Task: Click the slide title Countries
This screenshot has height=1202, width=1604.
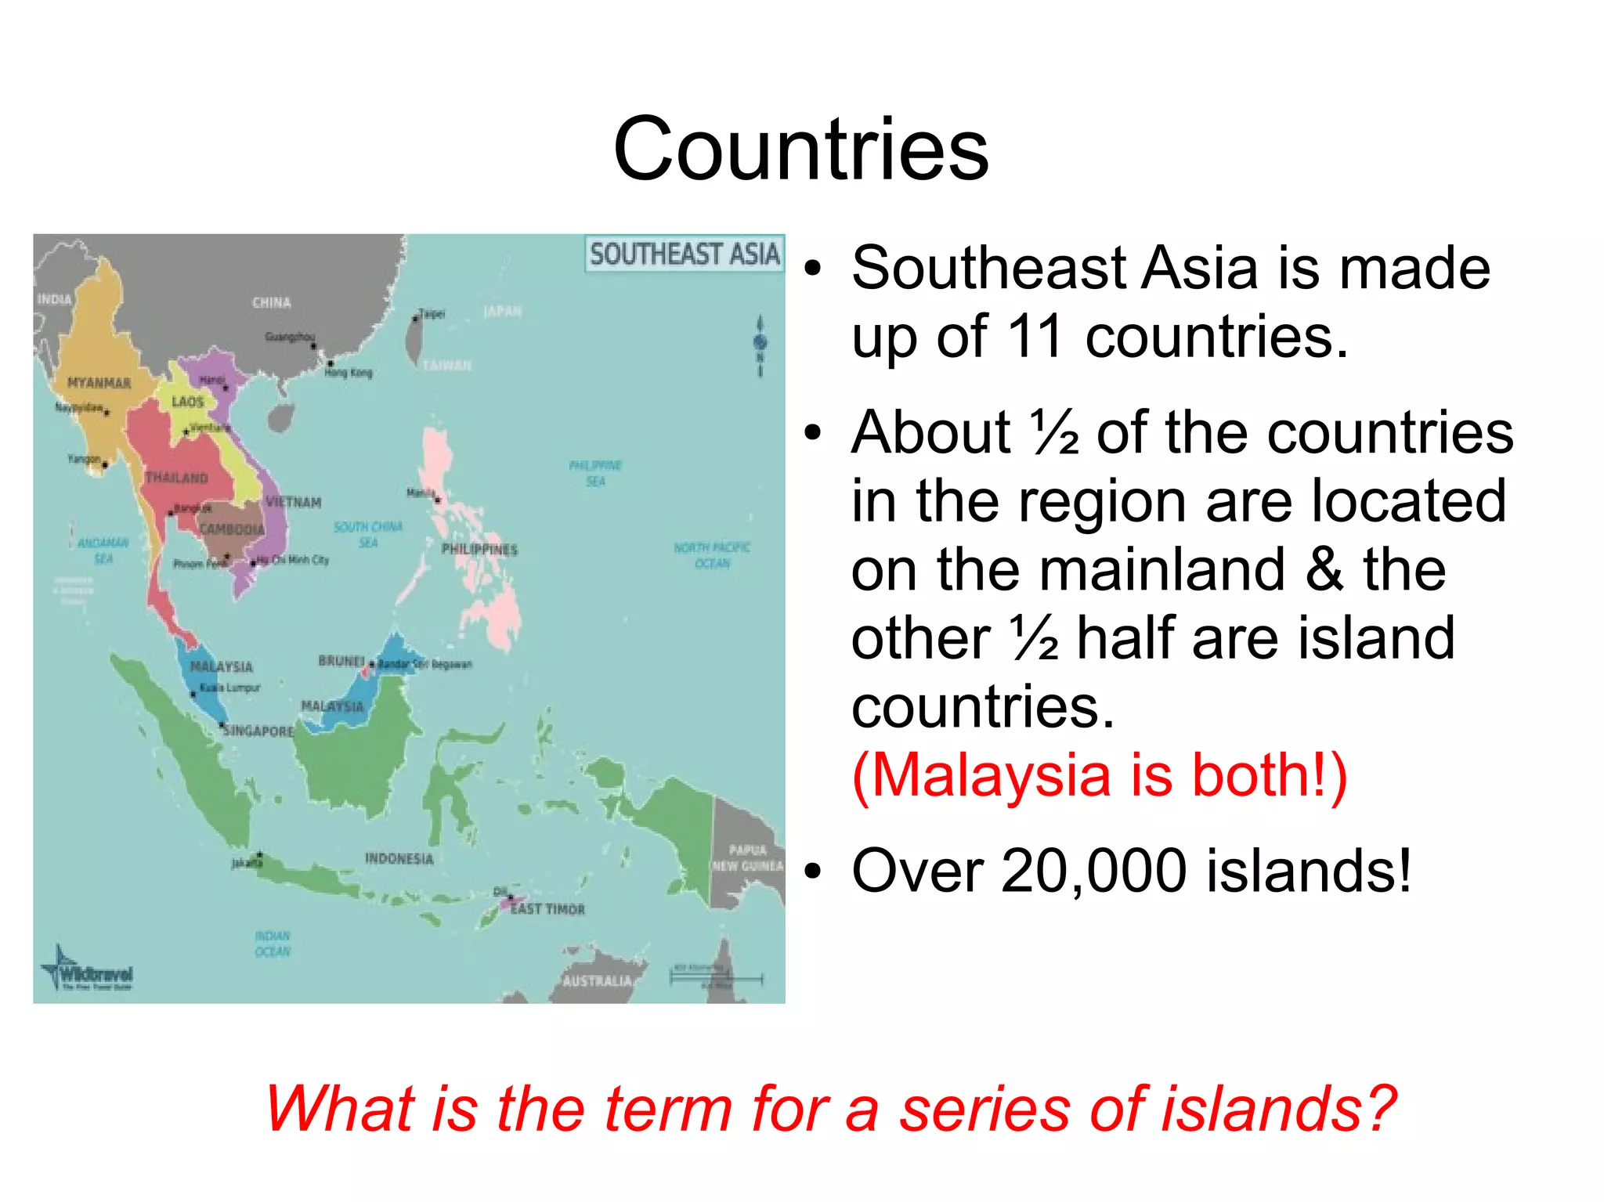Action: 800,149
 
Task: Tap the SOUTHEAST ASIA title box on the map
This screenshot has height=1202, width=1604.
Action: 685,254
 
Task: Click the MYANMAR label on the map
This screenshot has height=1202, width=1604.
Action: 99,383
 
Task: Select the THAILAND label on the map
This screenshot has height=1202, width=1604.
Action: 177,478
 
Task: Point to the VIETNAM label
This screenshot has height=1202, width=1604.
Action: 294,502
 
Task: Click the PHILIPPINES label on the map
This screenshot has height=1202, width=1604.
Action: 479,549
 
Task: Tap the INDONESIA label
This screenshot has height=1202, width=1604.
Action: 399,858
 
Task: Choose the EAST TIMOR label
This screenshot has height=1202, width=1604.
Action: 547,909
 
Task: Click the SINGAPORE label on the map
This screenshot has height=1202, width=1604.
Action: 258,731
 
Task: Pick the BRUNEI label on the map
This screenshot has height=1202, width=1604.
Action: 341,661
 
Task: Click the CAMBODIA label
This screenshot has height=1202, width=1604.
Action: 232,529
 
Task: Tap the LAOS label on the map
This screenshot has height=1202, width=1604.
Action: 188,402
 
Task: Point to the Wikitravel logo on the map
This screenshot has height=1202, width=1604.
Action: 88,971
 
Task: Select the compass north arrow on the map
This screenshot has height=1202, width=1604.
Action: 760,345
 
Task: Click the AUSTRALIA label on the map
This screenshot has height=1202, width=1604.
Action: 597,980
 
